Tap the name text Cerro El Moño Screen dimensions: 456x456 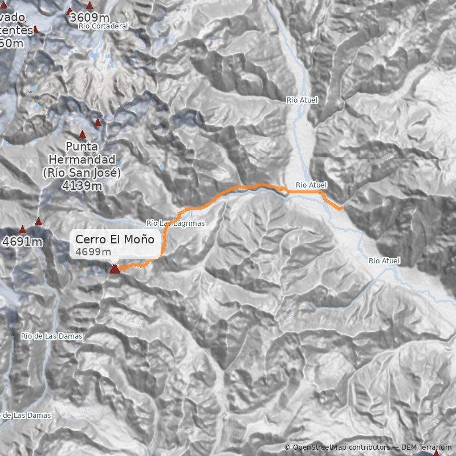tap(115, 239)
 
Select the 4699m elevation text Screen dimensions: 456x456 tap(93, 252)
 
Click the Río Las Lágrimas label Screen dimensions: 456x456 tap(175, 223)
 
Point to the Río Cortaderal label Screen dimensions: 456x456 tap(104, 26)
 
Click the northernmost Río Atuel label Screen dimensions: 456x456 tap(302, 100)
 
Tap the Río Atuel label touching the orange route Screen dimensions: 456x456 tap(311, 185)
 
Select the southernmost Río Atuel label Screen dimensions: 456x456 tap(384, 261)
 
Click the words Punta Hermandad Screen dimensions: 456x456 tap(82, 153)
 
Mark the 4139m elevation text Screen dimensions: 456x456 tap(82, 186)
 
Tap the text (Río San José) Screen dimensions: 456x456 tap(82, 173)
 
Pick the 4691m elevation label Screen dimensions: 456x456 tap(23, 242)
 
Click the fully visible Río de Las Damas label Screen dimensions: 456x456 tap(51, 336)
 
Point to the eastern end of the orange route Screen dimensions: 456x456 tap(341, 209)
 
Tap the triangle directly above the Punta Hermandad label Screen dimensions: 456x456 tap(82, 135)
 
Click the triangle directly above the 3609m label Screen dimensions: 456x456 tap(89, 5)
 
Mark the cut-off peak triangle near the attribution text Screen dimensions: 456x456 tap(436, 453)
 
